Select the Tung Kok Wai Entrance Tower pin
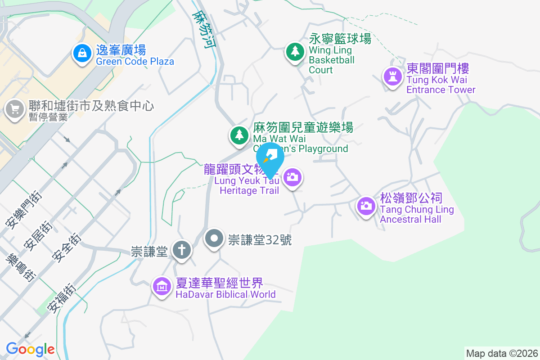coord(392,77)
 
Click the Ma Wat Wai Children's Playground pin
coord(239,135)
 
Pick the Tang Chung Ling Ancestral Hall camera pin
coord(366,207)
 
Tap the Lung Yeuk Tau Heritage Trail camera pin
coord(292,177)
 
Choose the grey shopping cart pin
coord(15,108)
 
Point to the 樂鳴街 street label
coord(21,267)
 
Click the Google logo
coord(30,349)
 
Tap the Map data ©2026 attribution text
coord(501,354)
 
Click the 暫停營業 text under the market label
coord(48,117)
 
